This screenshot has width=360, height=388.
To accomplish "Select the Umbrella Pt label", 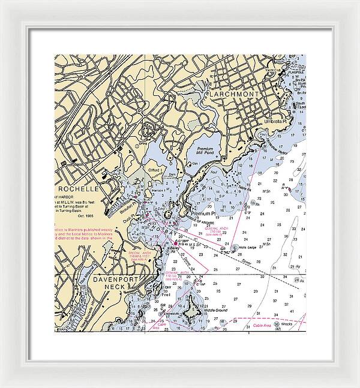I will (277, 121).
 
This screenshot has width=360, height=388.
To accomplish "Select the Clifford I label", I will (156, 171).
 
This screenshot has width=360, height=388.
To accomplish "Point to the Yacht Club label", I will (292, 70).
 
